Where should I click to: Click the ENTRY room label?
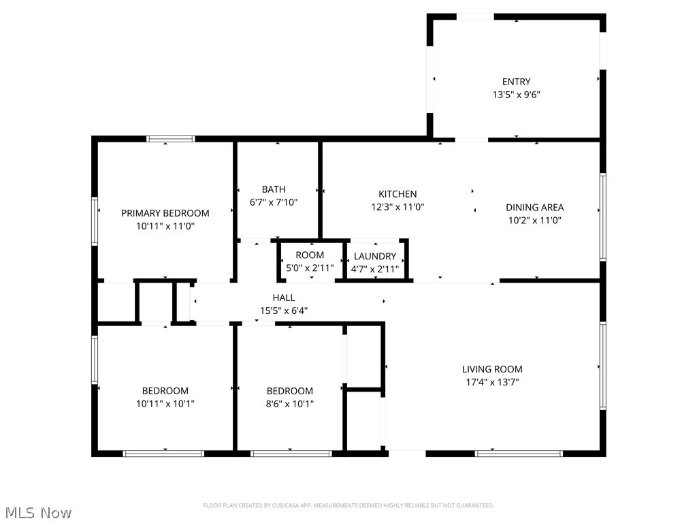point(516,82)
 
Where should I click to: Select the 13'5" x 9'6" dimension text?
point(516,95)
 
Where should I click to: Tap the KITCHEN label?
point(398,194)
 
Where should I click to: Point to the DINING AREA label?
point(534,207)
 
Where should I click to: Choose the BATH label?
point(274,189)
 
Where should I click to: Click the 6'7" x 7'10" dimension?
point(274,202)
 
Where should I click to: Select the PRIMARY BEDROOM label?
point(165,213)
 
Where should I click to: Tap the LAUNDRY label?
point(375,256)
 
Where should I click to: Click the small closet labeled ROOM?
point(310,255)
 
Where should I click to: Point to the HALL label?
point(284,298)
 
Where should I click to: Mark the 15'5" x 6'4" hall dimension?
point(284,311)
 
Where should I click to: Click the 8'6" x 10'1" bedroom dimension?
point(290,404)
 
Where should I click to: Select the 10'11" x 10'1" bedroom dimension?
point(165,404)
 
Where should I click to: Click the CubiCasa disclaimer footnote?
point(348,505)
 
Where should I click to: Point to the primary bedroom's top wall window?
point(170,139)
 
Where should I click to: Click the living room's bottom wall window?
point(519,453)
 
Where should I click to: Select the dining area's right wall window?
point(602,217)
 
